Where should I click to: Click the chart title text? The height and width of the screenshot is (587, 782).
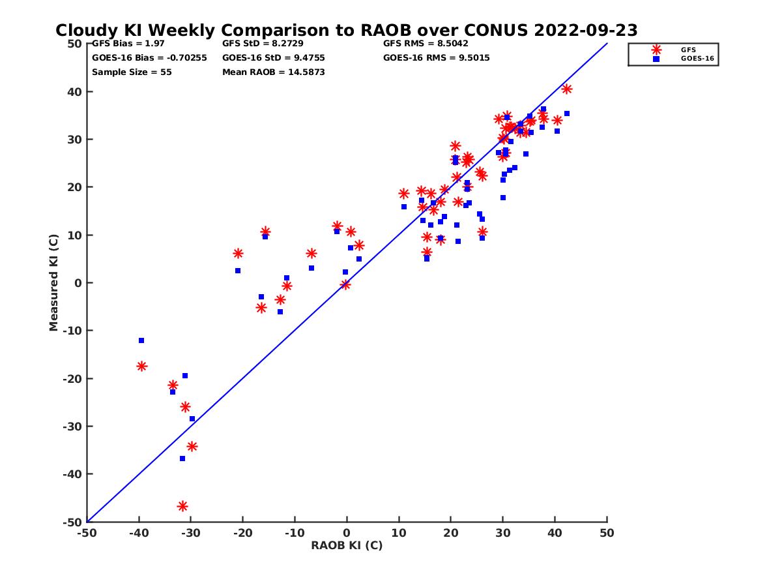click(346, 30)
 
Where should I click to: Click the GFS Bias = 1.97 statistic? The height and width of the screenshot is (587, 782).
click(128, 44)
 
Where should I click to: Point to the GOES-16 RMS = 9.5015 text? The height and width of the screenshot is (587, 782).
click(437, 58)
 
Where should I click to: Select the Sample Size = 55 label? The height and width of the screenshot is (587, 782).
click(132, 72)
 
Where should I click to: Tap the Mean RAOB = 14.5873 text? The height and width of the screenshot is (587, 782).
click(273, 72)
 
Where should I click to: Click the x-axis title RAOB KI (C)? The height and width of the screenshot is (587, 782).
click(347, 545)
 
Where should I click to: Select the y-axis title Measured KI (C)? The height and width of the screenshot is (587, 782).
click(54, 282)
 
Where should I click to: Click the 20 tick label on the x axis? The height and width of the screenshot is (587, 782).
click(450, 534)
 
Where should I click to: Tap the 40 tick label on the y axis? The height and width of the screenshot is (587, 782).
click(74, 92)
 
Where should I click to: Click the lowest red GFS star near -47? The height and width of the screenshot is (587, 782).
click(182, 506)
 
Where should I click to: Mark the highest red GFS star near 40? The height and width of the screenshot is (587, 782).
click(566, 89)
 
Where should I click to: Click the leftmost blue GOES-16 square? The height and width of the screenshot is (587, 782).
click(141, 340)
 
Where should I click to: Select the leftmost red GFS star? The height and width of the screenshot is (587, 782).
click(141, 366)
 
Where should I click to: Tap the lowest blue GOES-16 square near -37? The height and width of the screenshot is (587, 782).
click(182, 459)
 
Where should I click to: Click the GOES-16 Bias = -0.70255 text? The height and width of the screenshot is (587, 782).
click(149, 58)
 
